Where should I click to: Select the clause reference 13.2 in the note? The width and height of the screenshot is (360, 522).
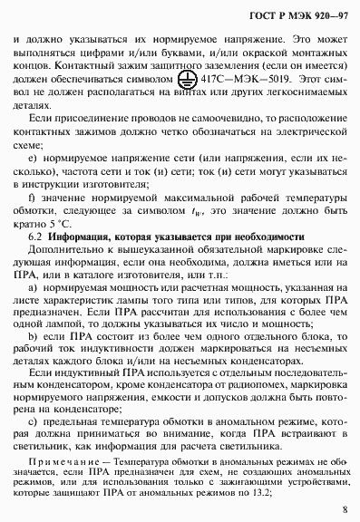tap(265, 495)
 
